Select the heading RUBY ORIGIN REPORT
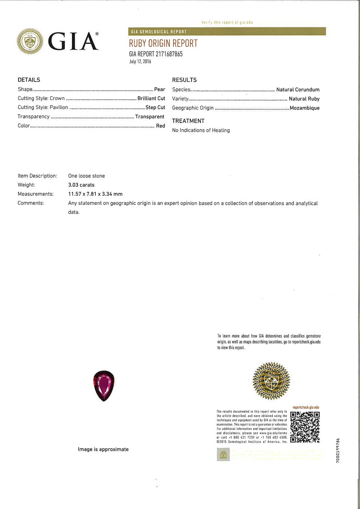[163, 43]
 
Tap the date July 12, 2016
[140, 62]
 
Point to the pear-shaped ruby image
[104, 386]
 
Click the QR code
[305, 427]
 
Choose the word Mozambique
[305, 108]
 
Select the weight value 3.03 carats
[81, 185]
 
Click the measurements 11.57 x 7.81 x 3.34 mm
[95, 194]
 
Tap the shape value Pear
[159, 89]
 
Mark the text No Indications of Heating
[201, 130]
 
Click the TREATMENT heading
[188, 121]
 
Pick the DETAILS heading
[29, 80]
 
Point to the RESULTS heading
[184, 80]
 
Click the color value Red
[161, 126]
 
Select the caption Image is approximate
[103, 449]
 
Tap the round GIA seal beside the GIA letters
[30, 42]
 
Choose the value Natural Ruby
[304, 99]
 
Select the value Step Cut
[155, 107]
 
